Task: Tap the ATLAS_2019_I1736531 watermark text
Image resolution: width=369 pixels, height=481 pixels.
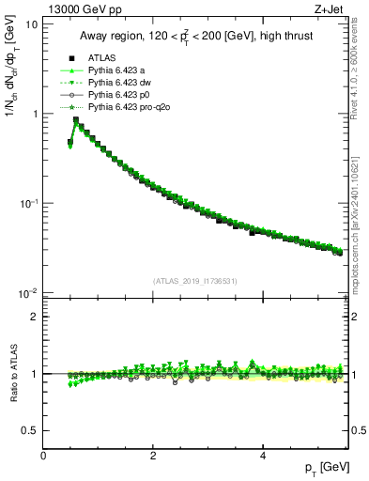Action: point(195,281)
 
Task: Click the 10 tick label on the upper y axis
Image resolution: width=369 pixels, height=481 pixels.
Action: point(32,24)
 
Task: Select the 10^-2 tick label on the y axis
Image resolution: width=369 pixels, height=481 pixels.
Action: point(28,294)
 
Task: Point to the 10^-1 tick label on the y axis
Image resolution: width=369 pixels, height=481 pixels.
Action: point(28,204)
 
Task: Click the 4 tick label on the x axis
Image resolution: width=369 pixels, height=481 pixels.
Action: point(262,456)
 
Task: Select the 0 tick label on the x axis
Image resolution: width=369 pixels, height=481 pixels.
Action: point(43,456)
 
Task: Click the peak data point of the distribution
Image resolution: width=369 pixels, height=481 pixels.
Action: point(76,119)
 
